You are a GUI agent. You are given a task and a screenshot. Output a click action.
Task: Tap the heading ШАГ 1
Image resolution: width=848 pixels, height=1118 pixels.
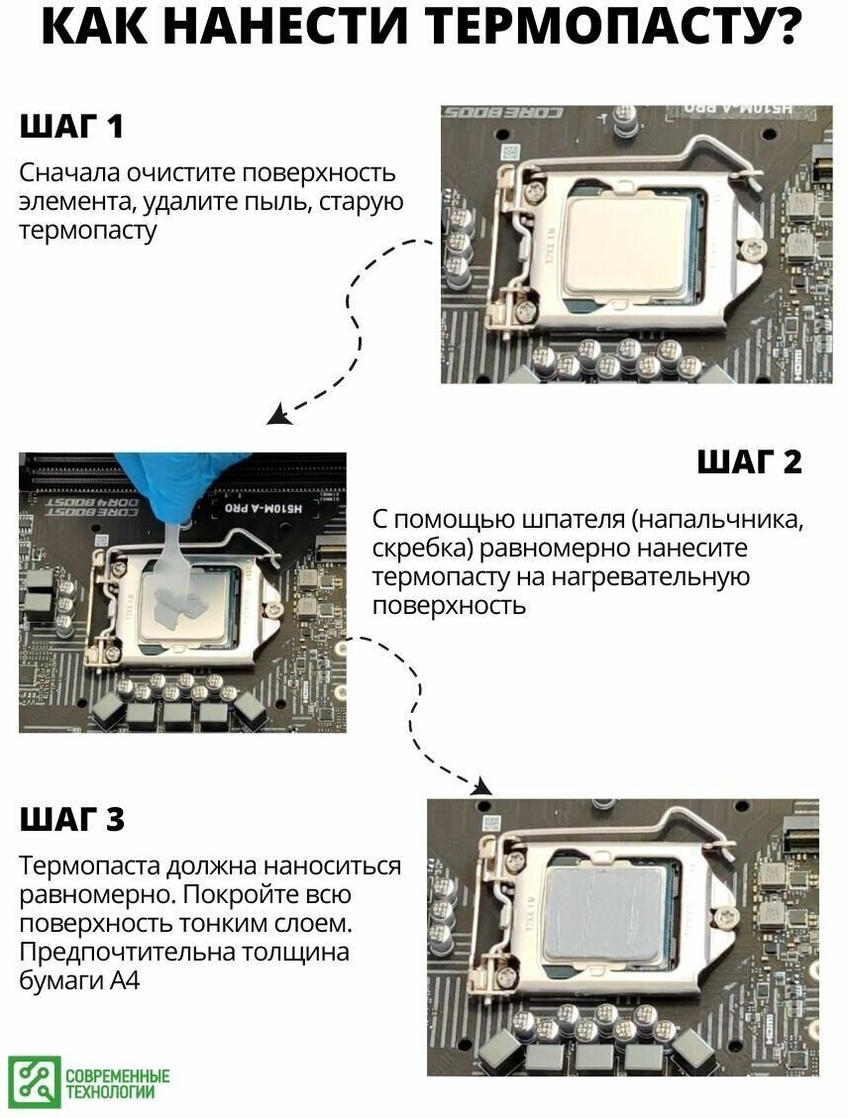[x=71, y=126]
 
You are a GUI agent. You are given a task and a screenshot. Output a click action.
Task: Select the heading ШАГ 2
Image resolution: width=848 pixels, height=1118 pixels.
[x=749, y=461]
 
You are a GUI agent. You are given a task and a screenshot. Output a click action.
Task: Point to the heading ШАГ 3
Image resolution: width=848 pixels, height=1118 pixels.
[x=72, y=819]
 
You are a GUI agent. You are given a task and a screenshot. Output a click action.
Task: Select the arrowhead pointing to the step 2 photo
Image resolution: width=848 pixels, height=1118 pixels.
[x=278, y=414]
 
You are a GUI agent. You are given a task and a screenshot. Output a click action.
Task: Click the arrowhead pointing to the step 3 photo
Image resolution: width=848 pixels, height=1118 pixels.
[x=481, y=785]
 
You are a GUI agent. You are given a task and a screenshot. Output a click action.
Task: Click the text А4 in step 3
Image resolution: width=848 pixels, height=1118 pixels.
[x=124, y=980]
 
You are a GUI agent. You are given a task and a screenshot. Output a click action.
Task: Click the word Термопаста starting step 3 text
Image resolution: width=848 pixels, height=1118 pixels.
[x=89, y=866]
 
